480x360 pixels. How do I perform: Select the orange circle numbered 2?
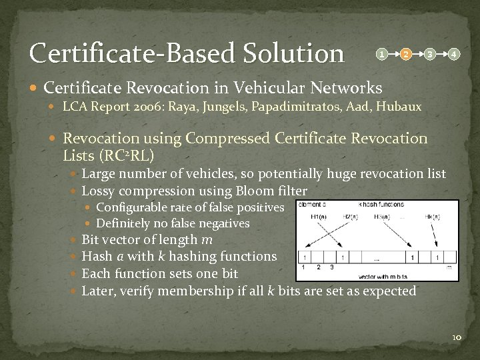(x=405, y=53)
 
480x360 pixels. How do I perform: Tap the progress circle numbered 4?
(x=453, y=53)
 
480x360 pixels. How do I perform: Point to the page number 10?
(x=456, y=338)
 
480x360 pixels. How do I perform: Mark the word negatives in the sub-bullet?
(x=223, y=223)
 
